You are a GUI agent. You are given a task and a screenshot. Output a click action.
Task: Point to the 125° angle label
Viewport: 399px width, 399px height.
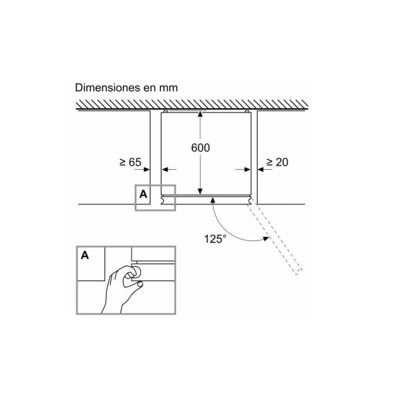[x=215, y=238]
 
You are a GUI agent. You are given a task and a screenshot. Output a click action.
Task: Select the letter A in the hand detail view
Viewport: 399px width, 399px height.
[x=85, y=256]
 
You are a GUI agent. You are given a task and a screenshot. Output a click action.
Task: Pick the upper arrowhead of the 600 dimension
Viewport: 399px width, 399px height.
[x=200, y=114]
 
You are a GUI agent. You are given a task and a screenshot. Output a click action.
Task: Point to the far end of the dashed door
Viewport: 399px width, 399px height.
[x=297, y=271]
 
